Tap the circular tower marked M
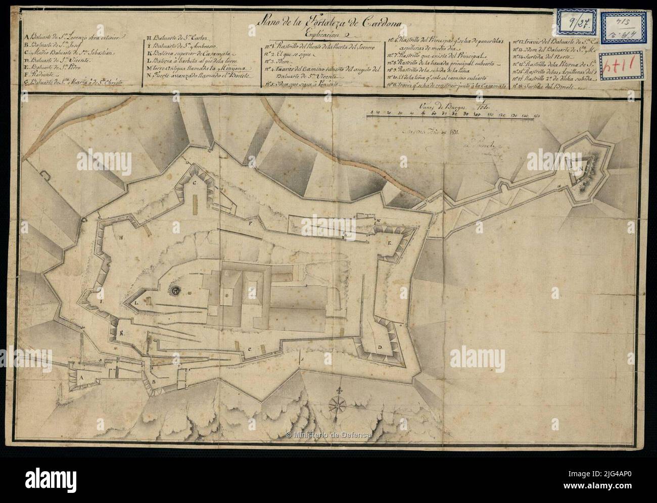coord(175,290)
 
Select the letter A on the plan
coord(80,377)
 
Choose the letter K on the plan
coord(122,333)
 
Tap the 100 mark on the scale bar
coord(478,116)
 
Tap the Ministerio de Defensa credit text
coord(329,435)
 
